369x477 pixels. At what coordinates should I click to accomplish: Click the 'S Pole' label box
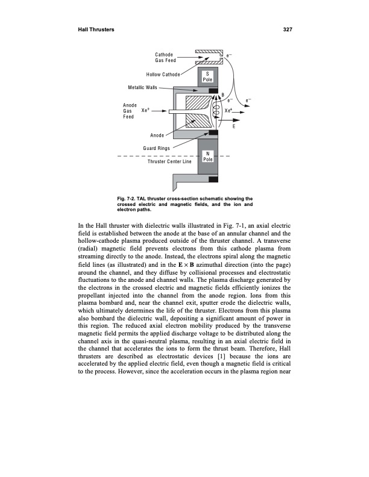[207, 77]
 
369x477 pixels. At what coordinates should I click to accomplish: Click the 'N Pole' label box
[207, 155]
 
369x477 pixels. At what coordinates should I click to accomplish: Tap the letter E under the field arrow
[234, 126]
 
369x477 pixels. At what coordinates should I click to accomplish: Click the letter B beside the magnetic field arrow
[222, 95]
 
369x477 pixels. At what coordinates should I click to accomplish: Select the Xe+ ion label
[229, 111]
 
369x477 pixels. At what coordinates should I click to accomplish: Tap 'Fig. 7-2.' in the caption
[128, 198]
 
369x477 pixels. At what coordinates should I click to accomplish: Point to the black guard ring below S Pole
[213, 91]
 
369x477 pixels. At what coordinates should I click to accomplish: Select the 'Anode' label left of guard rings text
[158, 136]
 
